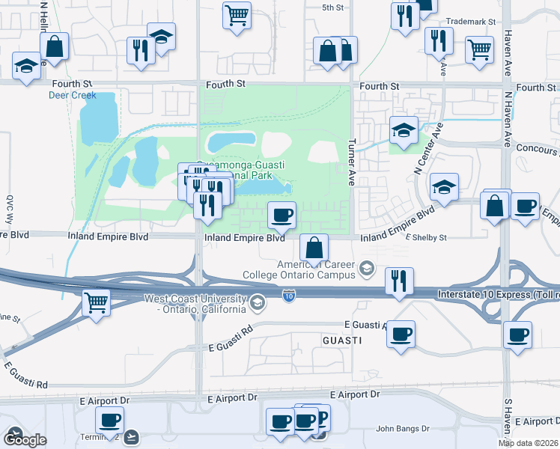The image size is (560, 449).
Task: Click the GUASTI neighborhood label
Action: [x=343, y=340]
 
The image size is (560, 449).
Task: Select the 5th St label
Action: [x=332, y=7]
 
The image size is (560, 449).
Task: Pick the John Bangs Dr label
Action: [x=401, y=429]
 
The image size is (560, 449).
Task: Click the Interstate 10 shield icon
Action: [x=289, y=297]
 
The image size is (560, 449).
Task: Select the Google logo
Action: [x=24, y=439]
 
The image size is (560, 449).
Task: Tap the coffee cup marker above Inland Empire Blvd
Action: [x=281, y=216]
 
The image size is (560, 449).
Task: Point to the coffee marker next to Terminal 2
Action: [x=109, y=420]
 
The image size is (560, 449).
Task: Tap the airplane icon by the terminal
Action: [x=133, y=436]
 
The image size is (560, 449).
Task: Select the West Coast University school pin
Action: [x=258, y=302]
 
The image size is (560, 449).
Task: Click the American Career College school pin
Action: [x=367, y=267]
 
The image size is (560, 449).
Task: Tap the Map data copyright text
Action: [x=528, y=442]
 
